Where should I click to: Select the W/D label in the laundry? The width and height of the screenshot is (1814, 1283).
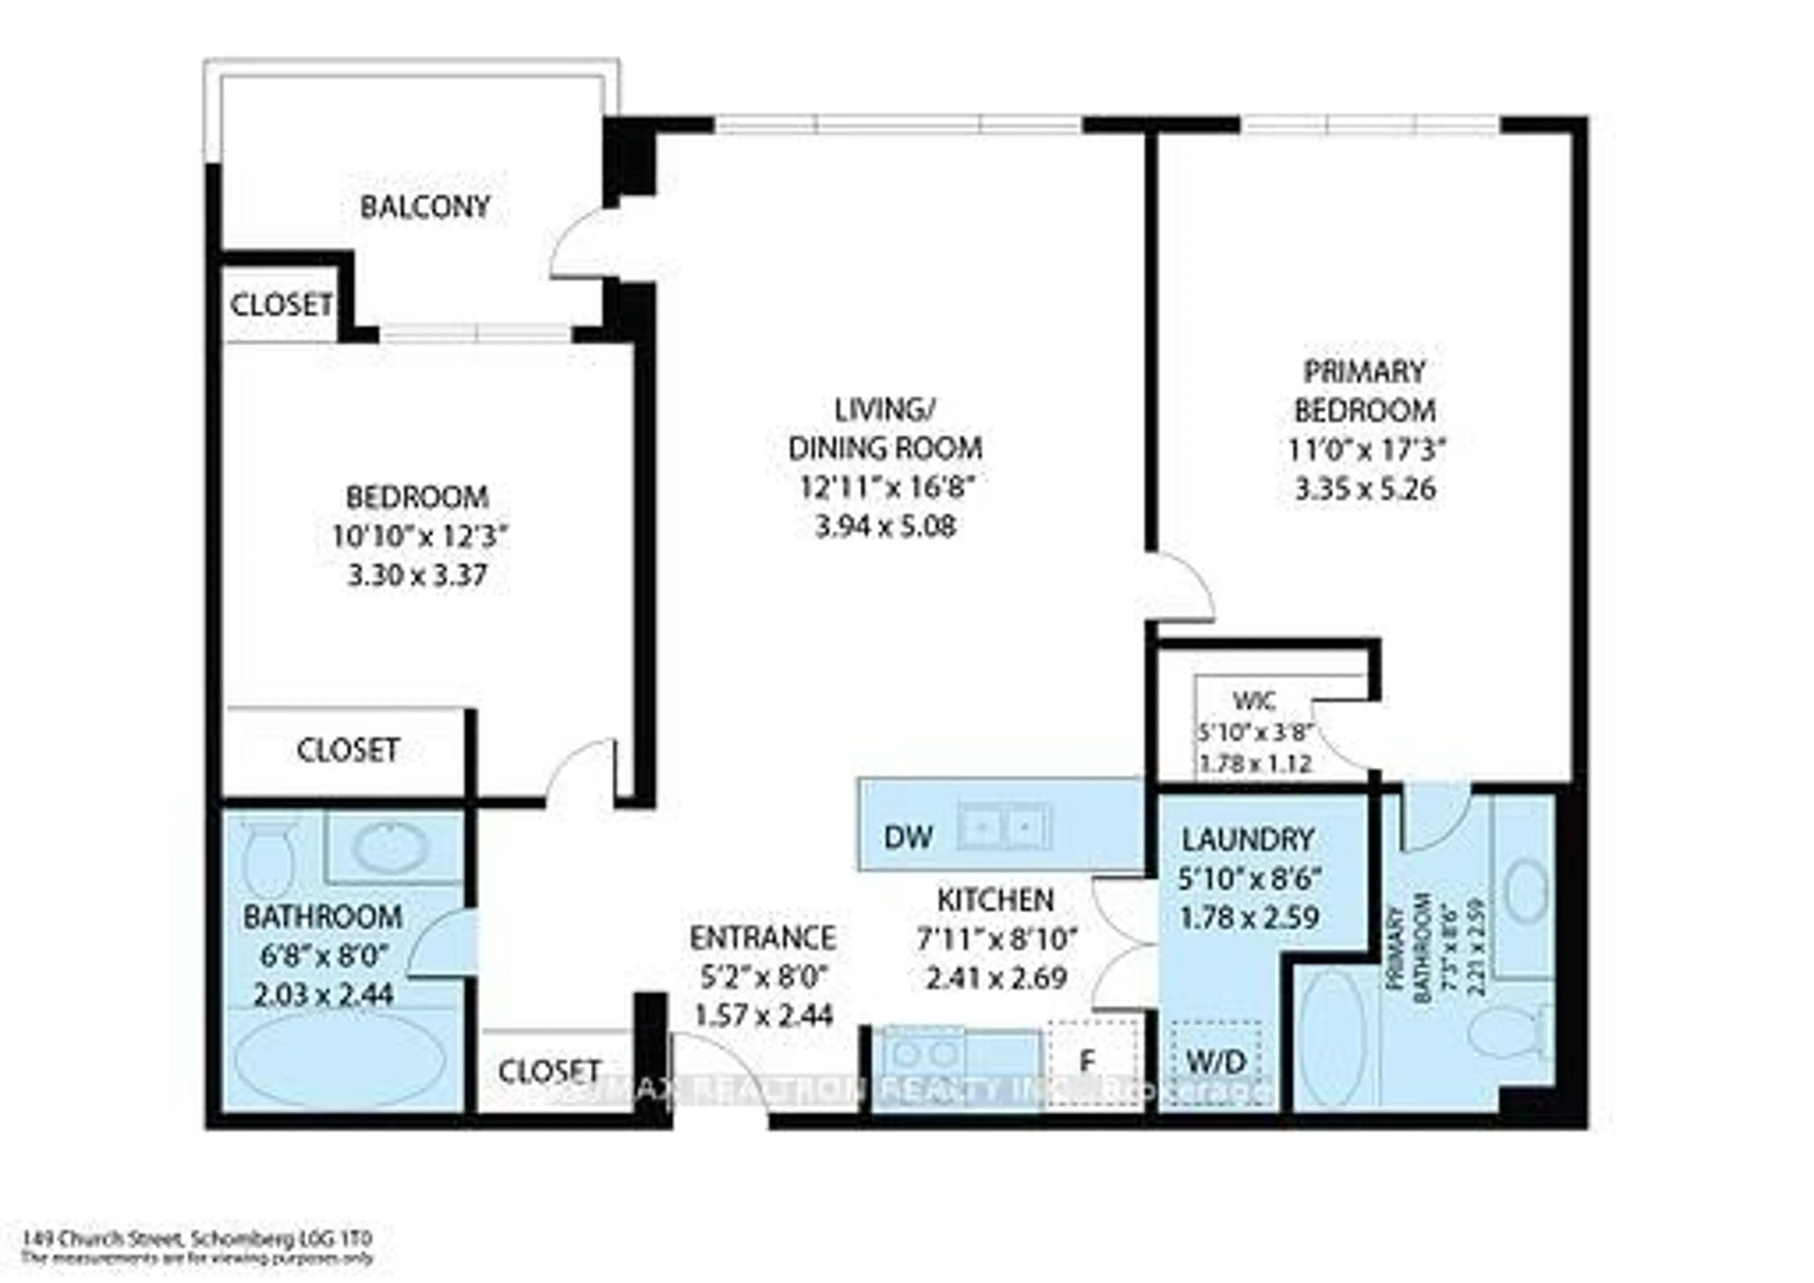[1217, 1061]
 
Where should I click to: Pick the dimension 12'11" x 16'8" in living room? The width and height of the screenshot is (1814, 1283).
[885, 487]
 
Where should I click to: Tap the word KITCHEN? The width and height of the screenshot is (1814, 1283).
[995, 900]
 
